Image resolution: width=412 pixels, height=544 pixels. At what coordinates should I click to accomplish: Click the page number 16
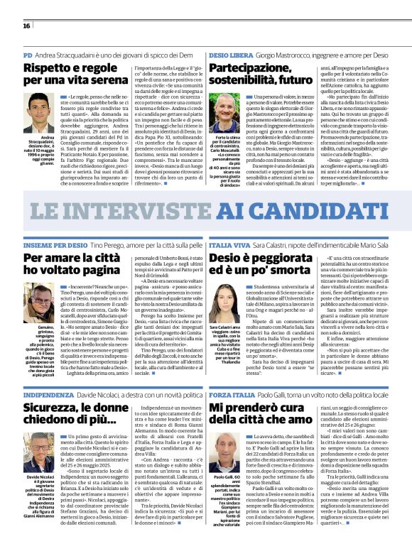26,26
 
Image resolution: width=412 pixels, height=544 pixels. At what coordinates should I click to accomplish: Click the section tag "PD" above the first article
28,54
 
